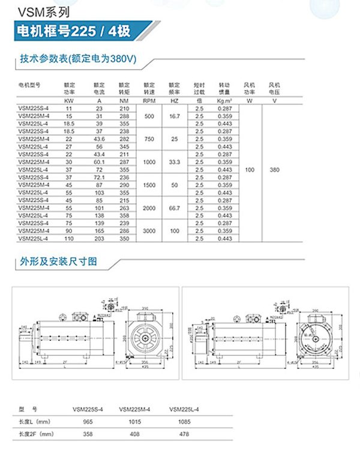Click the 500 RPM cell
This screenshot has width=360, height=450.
coord(149,116)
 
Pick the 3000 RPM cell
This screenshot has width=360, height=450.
coord(149,232)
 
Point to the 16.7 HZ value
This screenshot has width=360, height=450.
coord(175,116)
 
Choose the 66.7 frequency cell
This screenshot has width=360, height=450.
coord(175,208)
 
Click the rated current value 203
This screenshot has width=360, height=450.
coord(99,239)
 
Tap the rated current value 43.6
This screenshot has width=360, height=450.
coord(99,139)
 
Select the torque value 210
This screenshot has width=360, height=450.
coord(124,108)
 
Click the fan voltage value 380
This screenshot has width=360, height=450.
coord(275,170)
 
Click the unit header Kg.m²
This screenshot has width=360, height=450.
coord(225,101)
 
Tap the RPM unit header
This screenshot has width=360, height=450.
coord(149,101)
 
